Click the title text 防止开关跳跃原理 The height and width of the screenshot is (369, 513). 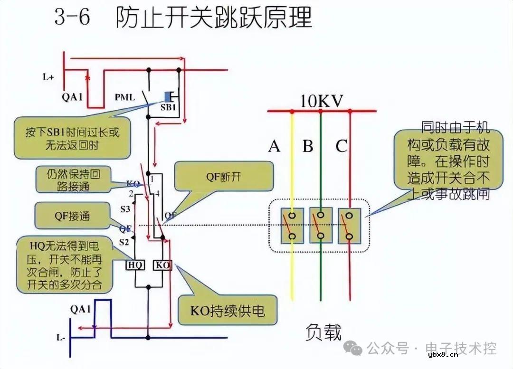click(x=214, y=19)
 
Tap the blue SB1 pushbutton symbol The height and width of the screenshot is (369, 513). click(x=168, y=96)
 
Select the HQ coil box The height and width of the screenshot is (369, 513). click(x=135, y=265)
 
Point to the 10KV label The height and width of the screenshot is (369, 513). click(x=322, y=101)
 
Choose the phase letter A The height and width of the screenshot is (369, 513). click(x=274, y=146)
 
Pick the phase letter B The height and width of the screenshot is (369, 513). click(x=308, y=146)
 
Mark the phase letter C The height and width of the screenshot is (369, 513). click(x=341, y=146)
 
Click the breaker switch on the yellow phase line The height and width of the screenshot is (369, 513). click(x=292, y=226)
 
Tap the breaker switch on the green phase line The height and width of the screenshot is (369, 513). click(x=321, y=226)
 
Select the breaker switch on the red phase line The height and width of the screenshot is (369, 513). click(x=350, y=226)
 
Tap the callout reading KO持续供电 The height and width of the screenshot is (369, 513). click(x=228, y=312)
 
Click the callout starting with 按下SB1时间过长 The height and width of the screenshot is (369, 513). click(x=72, y=138)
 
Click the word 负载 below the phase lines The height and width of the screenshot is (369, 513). click(x=323, y=332)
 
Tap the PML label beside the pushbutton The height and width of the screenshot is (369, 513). click(x=125, y=97)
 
